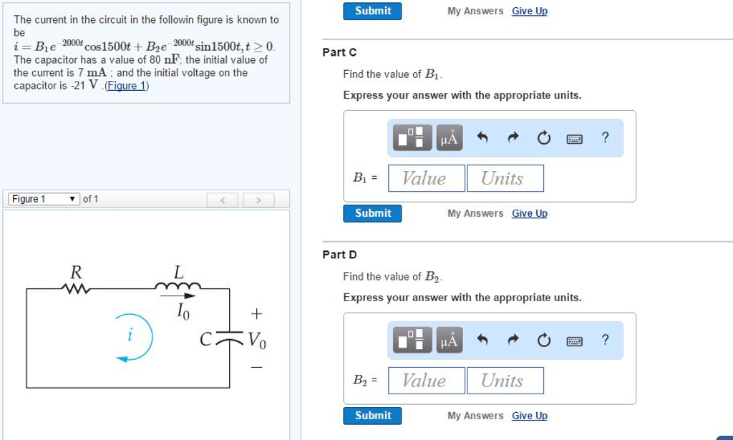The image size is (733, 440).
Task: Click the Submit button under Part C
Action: (x=372, y=213)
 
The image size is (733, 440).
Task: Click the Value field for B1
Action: (x=426, y=178)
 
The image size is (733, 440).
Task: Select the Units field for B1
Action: (x=505, y=178)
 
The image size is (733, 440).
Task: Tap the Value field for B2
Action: (x=426, y=381)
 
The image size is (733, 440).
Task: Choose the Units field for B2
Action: (x=505, y=381)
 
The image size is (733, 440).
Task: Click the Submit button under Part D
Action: (x=372, y=416)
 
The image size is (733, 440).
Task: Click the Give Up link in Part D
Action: (x=530, y=416)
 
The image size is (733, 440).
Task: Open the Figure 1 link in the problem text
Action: (x=127, y=86)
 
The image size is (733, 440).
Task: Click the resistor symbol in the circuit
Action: (x=75, y=288)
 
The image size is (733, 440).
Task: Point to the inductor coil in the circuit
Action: (x=178, y=288)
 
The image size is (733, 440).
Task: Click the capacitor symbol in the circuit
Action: (x=230, y=334)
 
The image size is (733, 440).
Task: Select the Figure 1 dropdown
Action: (x=44, y=199)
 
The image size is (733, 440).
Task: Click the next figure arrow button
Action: (x=259, y=200)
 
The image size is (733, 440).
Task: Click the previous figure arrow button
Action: (x=223, y=200)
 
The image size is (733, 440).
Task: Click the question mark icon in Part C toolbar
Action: (x=606, y=138)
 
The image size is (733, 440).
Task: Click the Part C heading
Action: (x=339, y=52)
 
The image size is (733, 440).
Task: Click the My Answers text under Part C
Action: (x=475, y=213)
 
